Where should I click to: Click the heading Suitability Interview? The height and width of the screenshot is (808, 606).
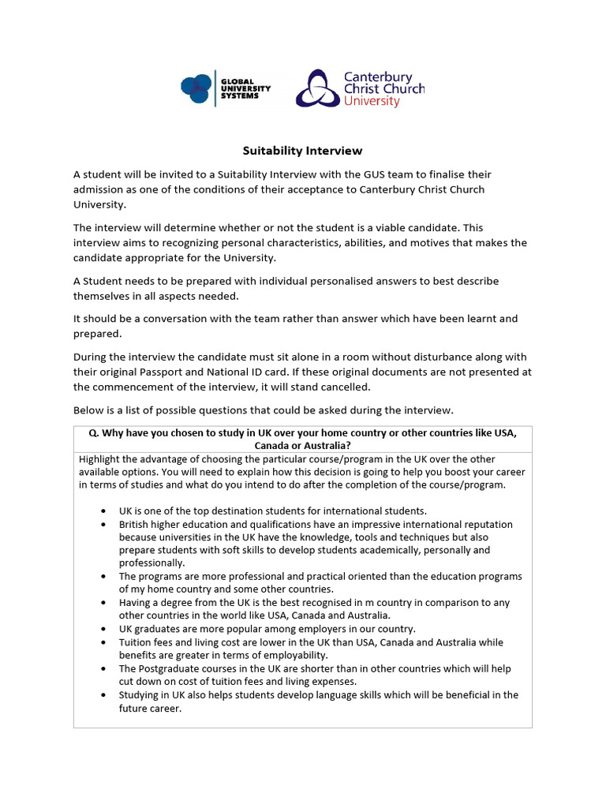pyautogui.click(x=301, y=151)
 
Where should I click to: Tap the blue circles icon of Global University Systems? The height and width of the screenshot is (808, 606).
pyautogui.click(x=196, y=88)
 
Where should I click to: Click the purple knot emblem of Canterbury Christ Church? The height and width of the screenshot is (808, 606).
pyautogui.click(x=317, y=88)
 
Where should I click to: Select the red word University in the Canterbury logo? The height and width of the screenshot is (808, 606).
pyautogui.click(x=372, y=102)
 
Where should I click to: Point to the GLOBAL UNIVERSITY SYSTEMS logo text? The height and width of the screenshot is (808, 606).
pyautogui.click(x=245, y=88)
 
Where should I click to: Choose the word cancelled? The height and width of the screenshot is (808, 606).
pyautogui.click(x=343, y=387)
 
